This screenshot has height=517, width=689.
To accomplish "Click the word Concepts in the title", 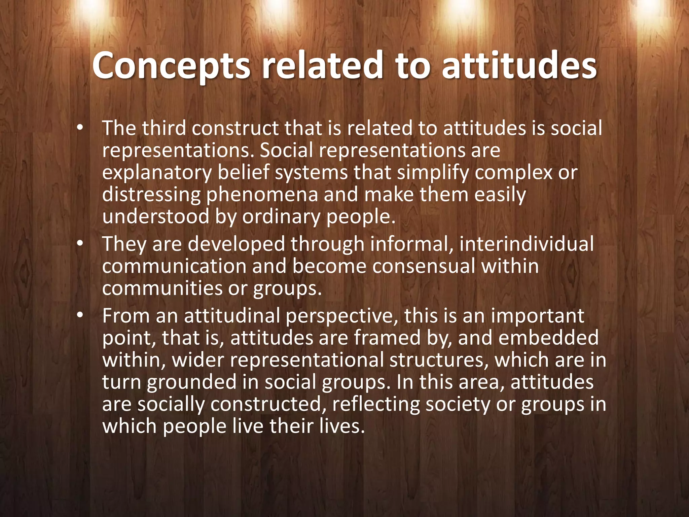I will [171, 66].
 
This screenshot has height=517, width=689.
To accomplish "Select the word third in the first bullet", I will [164, 128].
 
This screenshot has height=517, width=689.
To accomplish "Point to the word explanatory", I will [157, 173].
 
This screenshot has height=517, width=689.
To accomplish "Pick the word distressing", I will [151, 195].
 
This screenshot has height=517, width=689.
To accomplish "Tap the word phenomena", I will [262, 195].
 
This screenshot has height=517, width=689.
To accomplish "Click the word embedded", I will [548, 338].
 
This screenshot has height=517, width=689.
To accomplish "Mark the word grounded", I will [191, 382].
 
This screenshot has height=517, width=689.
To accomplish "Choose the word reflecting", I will [376, 404].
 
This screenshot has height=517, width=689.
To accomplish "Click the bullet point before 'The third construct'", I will [79, 128].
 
